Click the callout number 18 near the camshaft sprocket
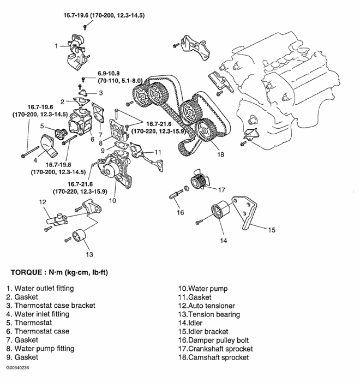[220, 154]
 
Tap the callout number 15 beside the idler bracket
[271, 230]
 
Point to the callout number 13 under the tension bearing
[88, 254]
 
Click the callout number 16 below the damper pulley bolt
[180, 212]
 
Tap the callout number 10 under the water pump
[112, 200]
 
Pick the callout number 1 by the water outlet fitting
[56, 46]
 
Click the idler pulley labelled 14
[220, 212]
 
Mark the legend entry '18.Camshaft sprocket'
[214, 357]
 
